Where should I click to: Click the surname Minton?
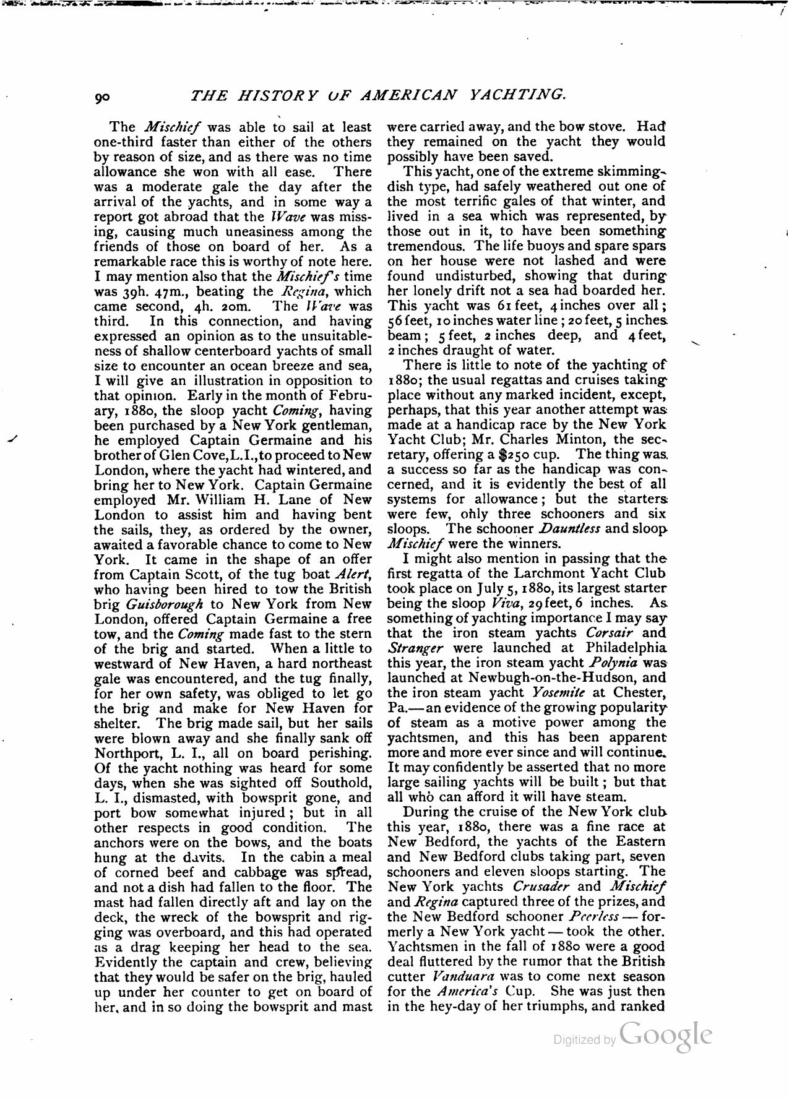tap(577, 440)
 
